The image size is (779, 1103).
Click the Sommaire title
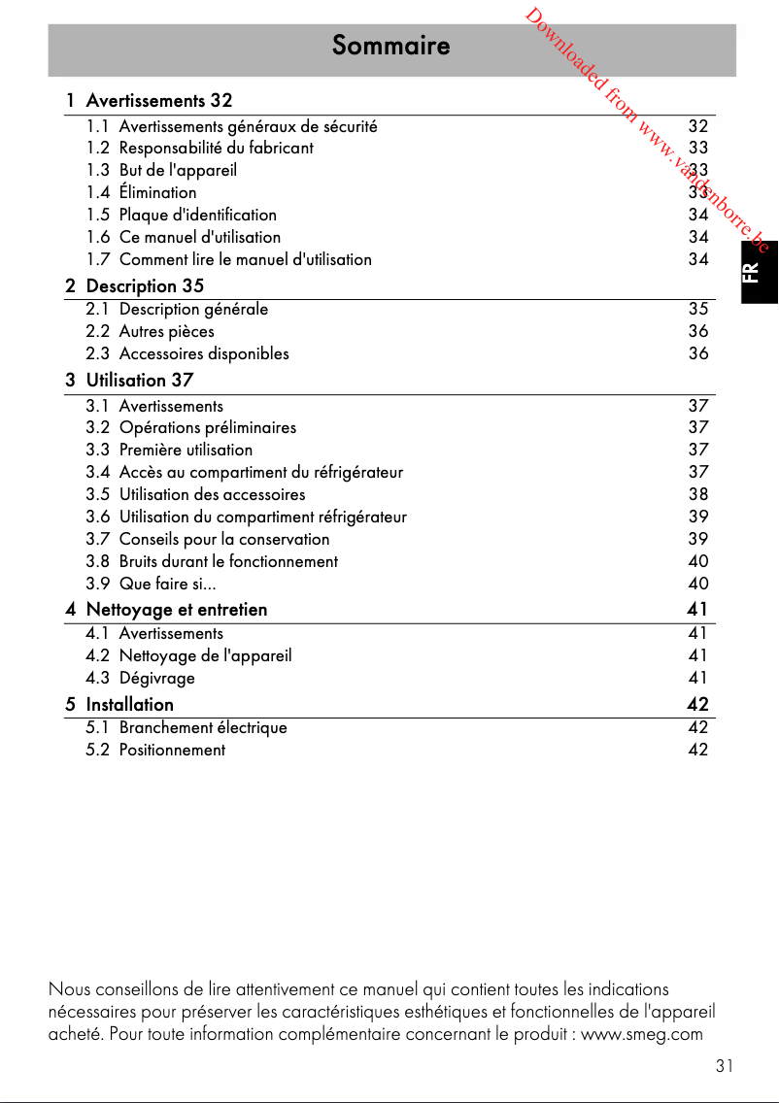coord(390,46)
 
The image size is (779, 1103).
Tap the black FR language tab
coord(759,273)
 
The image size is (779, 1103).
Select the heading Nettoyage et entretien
coord(176,610)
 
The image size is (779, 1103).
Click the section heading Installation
coord(129,704)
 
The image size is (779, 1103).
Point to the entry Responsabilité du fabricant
coord(216,149)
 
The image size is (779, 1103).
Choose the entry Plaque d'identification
coord(197,215)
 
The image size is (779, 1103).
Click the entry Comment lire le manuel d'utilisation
coord(245,259)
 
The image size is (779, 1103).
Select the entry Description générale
coord(193,309)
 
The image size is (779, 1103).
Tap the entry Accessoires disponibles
coord(204,353)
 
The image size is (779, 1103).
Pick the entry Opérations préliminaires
coord(208,427)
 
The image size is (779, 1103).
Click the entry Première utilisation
coord(186,450)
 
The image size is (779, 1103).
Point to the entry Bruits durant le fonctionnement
coord(228,561)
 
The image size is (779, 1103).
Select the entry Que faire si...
coord(167,584)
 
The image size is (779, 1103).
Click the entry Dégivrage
coord(156,678)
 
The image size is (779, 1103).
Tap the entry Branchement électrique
coord(203,727)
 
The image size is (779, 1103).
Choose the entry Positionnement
coord(172,750)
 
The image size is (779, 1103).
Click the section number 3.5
coord(98,494)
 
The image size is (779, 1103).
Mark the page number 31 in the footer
coord(724,1066)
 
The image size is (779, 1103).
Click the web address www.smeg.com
coord(641,1033)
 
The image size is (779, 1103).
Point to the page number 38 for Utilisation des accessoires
coord(697,494)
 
